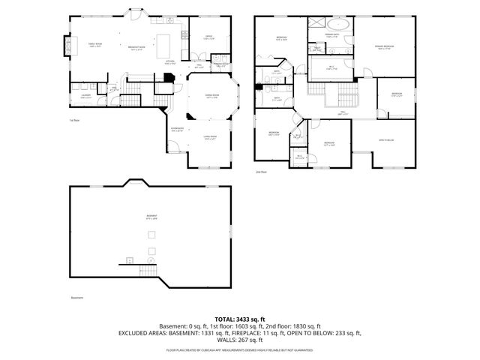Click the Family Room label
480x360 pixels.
tap(95, 46)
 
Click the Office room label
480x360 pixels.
tap(209, 37)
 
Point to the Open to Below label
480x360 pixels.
tap(387, 140)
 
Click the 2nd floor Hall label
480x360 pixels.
tap(343, 113)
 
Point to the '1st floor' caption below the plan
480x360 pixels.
tap(74, 120)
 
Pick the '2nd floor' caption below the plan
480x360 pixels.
tap(262, 172)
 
